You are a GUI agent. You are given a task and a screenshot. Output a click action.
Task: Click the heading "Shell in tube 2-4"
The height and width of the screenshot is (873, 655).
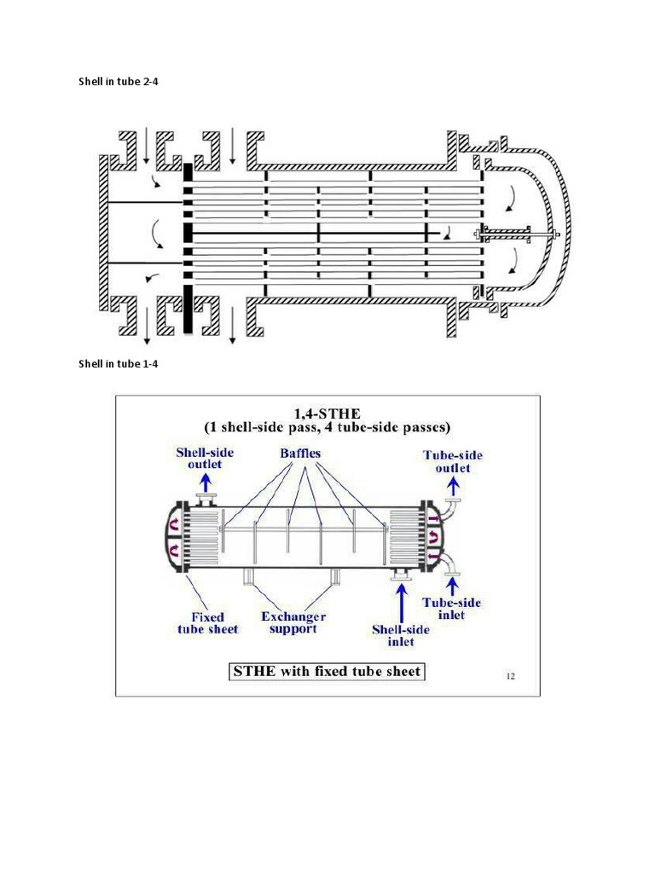point(119,82)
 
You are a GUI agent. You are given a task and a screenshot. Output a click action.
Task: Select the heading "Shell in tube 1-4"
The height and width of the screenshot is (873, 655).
point(119,364)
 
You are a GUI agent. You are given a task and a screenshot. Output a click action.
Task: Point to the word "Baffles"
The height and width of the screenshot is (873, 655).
point(300,454)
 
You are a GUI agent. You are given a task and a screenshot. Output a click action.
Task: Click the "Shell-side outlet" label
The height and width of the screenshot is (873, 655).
point(205,458)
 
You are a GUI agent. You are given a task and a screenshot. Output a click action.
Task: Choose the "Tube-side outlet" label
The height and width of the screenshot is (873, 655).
point(452,461)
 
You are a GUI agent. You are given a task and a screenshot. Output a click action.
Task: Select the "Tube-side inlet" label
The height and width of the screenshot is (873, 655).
point(452,608)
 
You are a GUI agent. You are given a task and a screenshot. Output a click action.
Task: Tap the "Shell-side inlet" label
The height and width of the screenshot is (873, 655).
point(401,635)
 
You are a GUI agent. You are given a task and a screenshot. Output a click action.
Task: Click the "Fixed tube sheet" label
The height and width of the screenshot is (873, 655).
point(207,622)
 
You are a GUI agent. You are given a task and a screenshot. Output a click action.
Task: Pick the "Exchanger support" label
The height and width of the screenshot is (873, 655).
point(293,622)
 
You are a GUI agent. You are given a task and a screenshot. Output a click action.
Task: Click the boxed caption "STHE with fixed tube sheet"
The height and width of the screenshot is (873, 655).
point(327,671)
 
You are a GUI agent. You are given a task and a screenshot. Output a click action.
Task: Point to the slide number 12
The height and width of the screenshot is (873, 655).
point(510,676)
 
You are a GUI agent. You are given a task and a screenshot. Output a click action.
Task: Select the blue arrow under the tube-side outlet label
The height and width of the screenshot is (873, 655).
point(452,483)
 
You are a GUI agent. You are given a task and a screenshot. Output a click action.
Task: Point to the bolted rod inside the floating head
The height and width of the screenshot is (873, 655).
point(516,232)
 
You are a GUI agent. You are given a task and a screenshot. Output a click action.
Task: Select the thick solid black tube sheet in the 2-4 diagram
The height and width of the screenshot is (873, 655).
point(188,247)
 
